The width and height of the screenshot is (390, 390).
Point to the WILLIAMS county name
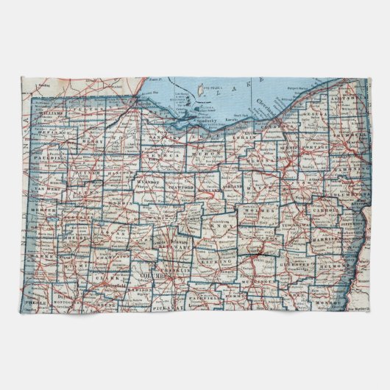click(52, 114)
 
